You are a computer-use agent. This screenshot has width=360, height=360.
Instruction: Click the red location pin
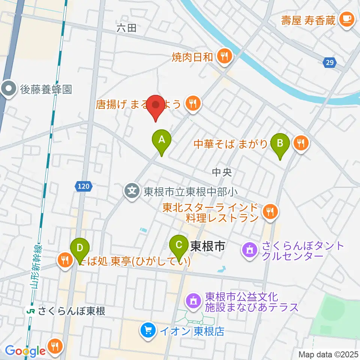click(x=155, y=105)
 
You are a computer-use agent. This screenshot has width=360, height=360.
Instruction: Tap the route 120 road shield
click(x=84, y=185)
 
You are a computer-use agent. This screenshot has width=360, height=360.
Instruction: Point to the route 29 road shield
click(x=329, y=63)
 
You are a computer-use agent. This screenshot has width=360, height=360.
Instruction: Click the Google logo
click(x=25, y=351)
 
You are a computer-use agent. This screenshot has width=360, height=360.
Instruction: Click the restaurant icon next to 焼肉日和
click(x=225, y=57)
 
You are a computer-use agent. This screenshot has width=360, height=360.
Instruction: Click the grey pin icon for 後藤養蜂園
click(x=8, y=89)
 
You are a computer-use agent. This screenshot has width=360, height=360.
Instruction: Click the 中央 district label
click(x=222, y=172)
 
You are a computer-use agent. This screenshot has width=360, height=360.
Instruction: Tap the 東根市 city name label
click(x=208, y=246)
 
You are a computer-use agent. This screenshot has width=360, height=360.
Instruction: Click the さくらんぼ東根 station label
click(x=71, y=311)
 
